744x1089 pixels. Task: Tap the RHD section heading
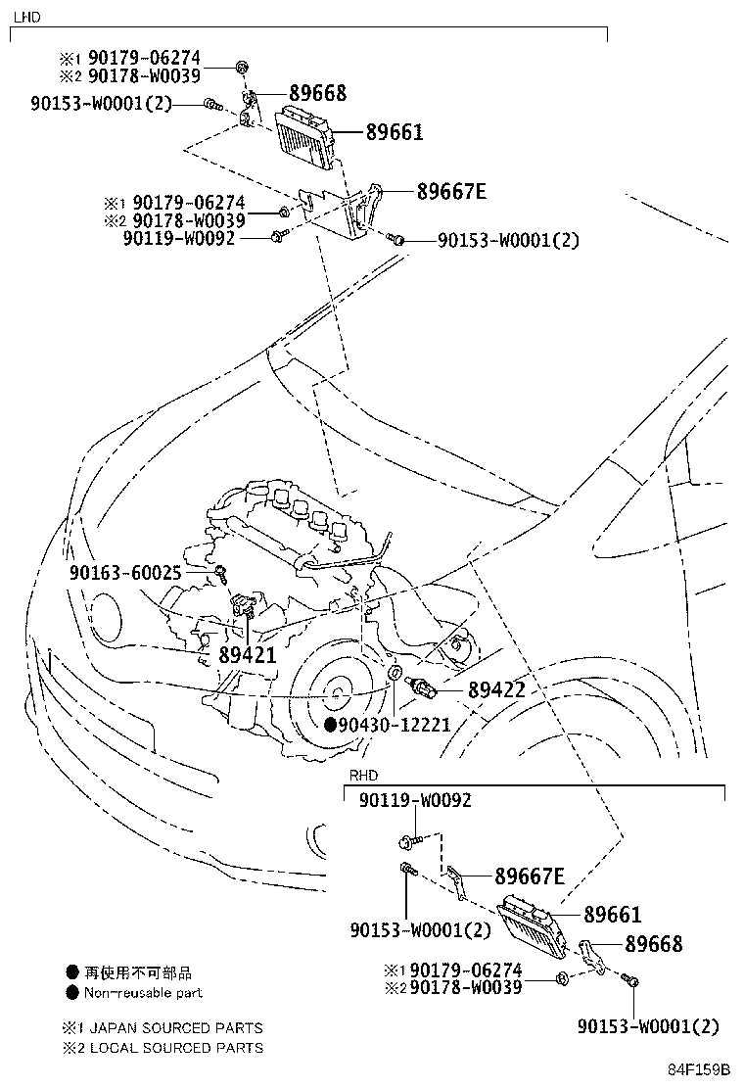tap(363, 775)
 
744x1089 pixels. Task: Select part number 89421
tap(247, 656)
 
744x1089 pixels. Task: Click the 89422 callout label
tap(496, 690)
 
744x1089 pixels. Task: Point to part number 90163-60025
tap(138, 572)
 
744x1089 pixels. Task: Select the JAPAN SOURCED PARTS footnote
tap(172, 1028)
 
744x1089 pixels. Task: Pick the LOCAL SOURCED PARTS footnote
tap(172, 1048)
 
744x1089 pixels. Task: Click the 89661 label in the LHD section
tap(395, 131)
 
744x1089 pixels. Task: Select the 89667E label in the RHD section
tap(529, 876)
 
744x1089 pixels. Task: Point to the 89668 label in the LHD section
tap(316, 94)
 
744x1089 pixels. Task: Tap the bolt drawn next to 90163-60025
tap(224, 571)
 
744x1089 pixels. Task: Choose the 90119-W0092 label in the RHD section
tap(415, 800)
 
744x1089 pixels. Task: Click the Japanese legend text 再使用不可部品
tap(137, 972)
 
